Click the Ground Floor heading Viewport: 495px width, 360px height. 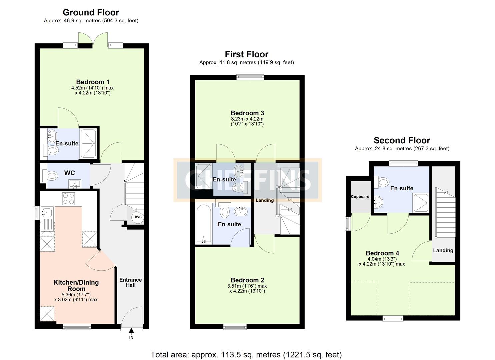click(91, 13)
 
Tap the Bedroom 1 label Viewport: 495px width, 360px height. click(92, 82)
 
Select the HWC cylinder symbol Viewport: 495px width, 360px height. click(137, 217)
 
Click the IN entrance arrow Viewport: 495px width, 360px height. click(131, 331)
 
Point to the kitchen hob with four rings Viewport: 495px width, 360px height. click(69, 199)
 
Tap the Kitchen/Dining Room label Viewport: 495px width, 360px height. click(76, 286)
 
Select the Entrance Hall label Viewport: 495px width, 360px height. click(130, 282)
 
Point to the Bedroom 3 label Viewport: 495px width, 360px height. click(247, 113)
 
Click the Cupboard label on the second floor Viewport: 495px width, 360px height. click(360, 197)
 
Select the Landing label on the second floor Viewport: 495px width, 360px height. click(443, 251)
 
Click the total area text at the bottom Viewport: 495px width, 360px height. click(246, 355)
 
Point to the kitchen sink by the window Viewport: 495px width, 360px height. click(47, 212)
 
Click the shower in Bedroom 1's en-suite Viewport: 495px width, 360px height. click(88, 144)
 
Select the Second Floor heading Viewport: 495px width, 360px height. click(402, 140)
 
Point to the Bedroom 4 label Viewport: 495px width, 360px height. click(382, 253)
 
